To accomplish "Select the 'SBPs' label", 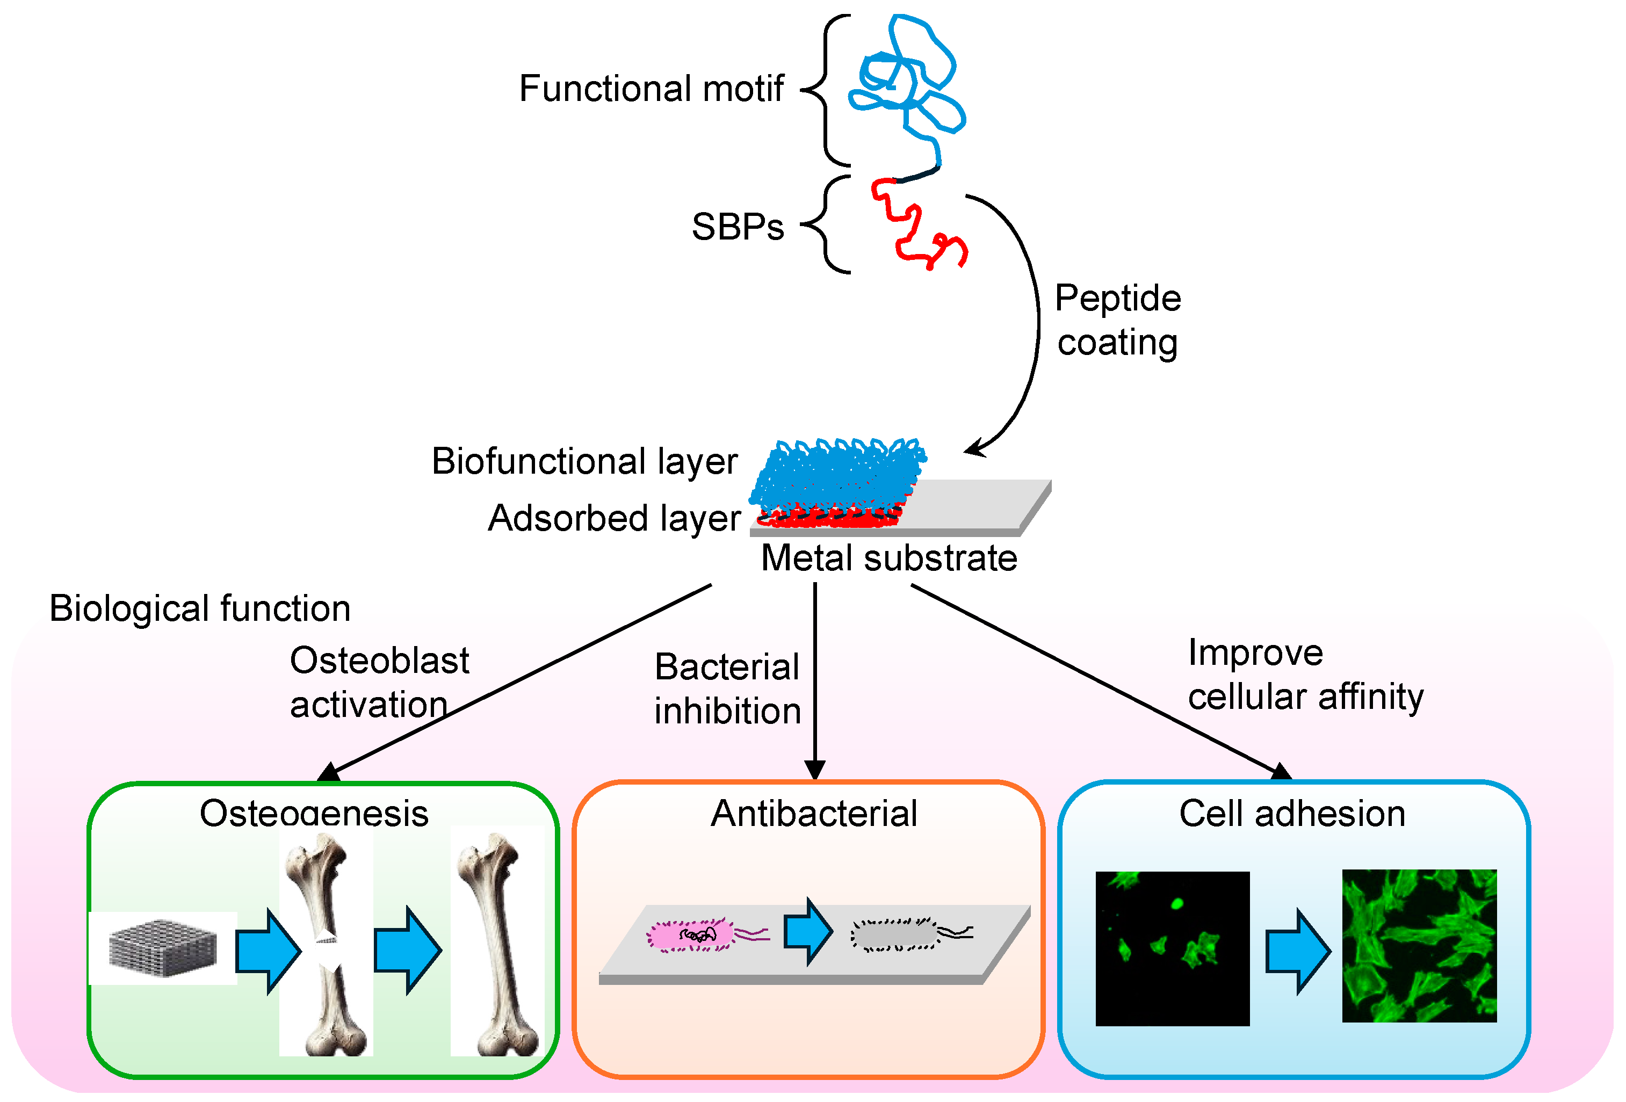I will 738,227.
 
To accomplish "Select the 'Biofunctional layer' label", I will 584,461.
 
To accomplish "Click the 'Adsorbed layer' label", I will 613,518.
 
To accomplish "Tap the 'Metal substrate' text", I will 888,559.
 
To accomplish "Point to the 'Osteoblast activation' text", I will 379,682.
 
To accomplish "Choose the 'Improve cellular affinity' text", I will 1304,675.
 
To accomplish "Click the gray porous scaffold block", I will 162,948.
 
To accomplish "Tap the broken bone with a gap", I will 326,945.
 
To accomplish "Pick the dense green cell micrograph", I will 1418,946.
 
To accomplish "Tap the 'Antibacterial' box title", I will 814,814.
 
